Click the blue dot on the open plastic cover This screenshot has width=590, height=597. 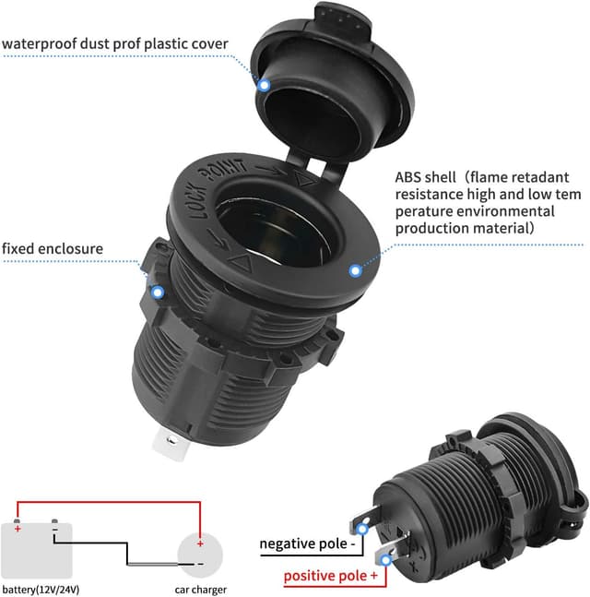[x=264, y=85]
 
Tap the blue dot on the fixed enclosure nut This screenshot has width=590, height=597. [x=158, y=293]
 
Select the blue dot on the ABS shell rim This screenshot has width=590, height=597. [x=354, y=270]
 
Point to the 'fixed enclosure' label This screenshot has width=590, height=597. [x=52, y=248]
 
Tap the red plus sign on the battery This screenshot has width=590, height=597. [x=18, y=529]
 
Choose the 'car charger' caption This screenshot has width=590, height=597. [x=200, y=589]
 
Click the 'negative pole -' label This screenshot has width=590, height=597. [x=306, y=543]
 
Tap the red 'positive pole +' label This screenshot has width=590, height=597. [x=330, y=576]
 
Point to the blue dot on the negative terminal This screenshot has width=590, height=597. [x=365, y=530]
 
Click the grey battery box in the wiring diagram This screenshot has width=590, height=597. [x=37, y=550]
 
